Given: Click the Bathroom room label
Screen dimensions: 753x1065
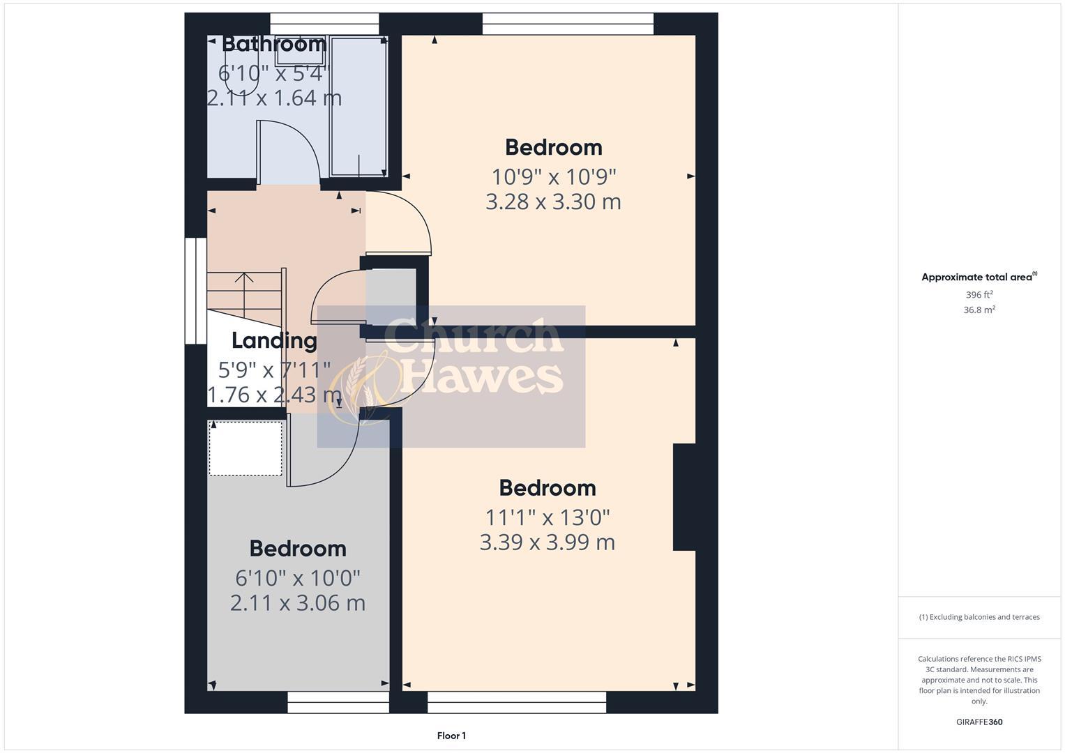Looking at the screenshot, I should pyautogui.click(x=274, y=44).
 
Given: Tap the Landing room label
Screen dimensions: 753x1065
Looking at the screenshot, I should pyautogui.click(x=274, y=340).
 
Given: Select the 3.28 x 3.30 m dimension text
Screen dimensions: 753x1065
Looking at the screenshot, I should pyautogui.click(x=553, y=201).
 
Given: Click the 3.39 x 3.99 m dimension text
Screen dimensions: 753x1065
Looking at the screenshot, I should pyautogui.click(x=547, y=542).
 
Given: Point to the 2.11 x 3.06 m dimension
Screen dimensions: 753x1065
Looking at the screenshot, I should pyautogui.click(x=298, y=602).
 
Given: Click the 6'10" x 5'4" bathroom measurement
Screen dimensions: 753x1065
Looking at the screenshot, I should pyautogui.click(x=273, y=73).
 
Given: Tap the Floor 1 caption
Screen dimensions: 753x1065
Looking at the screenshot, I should pyautogui.click(x=451, y=736).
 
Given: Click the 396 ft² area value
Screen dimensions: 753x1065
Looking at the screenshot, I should pyautogui.click(x=979, y=295).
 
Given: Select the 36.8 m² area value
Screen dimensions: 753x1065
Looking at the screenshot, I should pyautogui.click(x=979, y=310).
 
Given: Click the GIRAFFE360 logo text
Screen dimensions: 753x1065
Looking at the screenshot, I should pyautogui.click(x=979, y=722).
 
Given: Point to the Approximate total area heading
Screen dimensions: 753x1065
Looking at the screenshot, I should pyautogui.click(x=979, y=277).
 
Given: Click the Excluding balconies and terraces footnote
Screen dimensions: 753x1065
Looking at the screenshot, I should pyautogui.click(x=979, y=617).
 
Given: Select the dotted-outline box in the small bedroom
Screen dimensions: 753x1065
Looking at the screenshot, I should pyautogui.click(x=246, y=448).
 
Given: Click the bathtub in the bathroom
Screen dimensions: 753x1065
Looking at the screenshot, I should pyautogui.click(x=358, y=106).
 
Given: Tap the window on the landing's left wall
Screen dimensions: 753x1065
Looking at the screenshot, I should pyautogui.click(x=196, y=291).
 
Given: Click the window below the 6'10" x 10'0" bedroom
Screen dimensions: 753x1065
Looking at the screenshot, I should pyautogui.click(x=338, y=702).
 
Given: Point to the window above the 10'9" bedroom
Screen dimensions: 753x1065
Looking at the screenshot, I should pyautogui.click(x=568, y=24).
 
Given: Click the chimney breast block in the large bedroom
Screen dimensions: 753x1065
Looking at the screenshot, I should pyautogui.click(x=684, y=497).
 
